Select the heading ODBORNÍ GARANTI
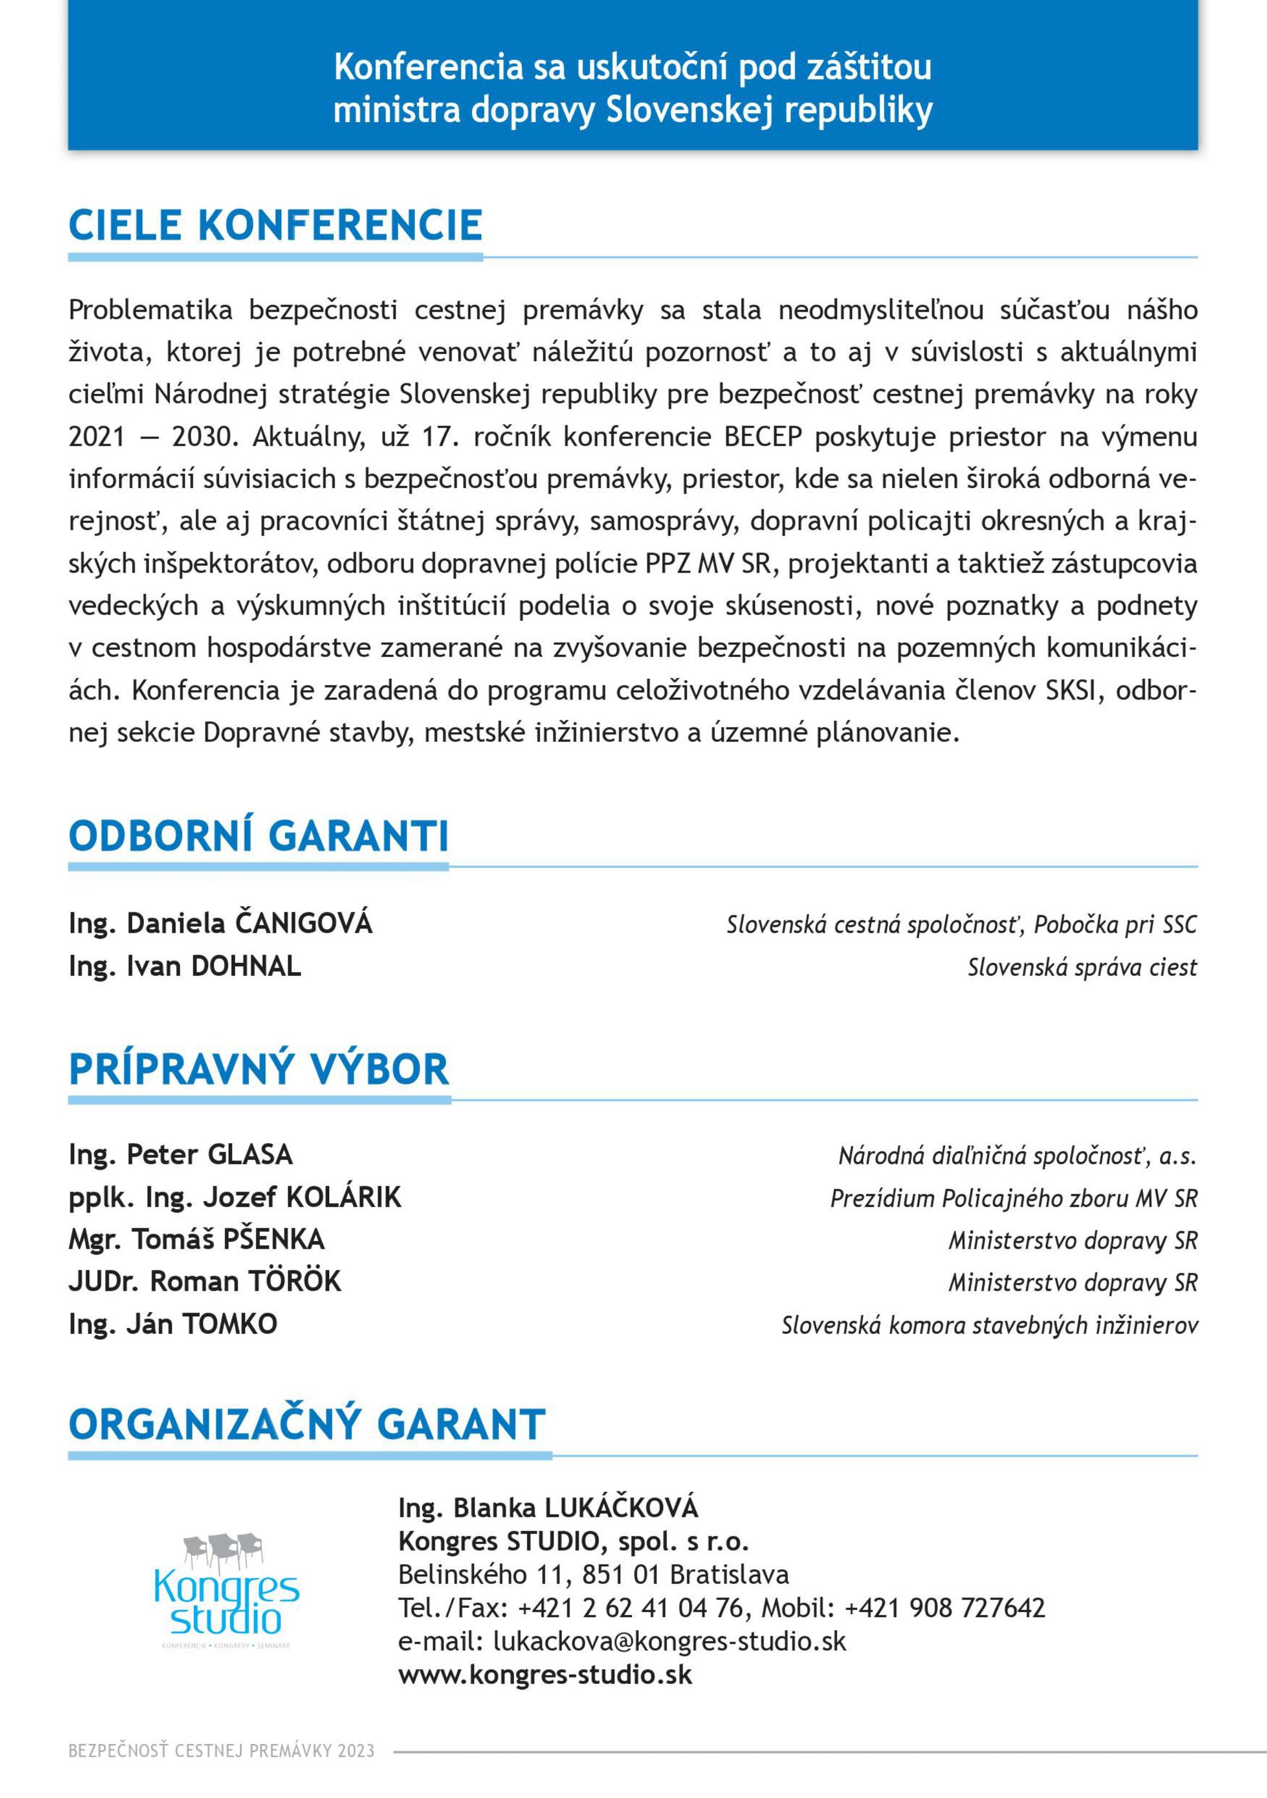coord(258,836)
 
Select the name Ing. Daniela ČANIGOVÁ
coord(220,924)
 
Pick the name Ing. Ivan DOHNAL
coord(185,967)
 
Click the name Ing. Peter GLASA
coord(181,1155)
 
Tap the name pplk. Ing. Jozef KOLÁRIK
coord(235,1198)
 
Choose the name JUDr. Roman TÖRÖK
coord(205,1282)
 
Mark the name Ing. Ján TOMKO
coord(173,1324)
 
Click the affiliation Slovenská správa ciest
coord(1082,967)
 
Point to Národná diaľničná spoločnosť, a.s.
coord(1017,1156)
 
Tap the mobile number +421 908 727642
coord(944,1608)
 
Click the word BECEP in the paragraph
coord(763,437)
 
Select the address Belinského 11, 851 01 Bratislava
coord(593,1574)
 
